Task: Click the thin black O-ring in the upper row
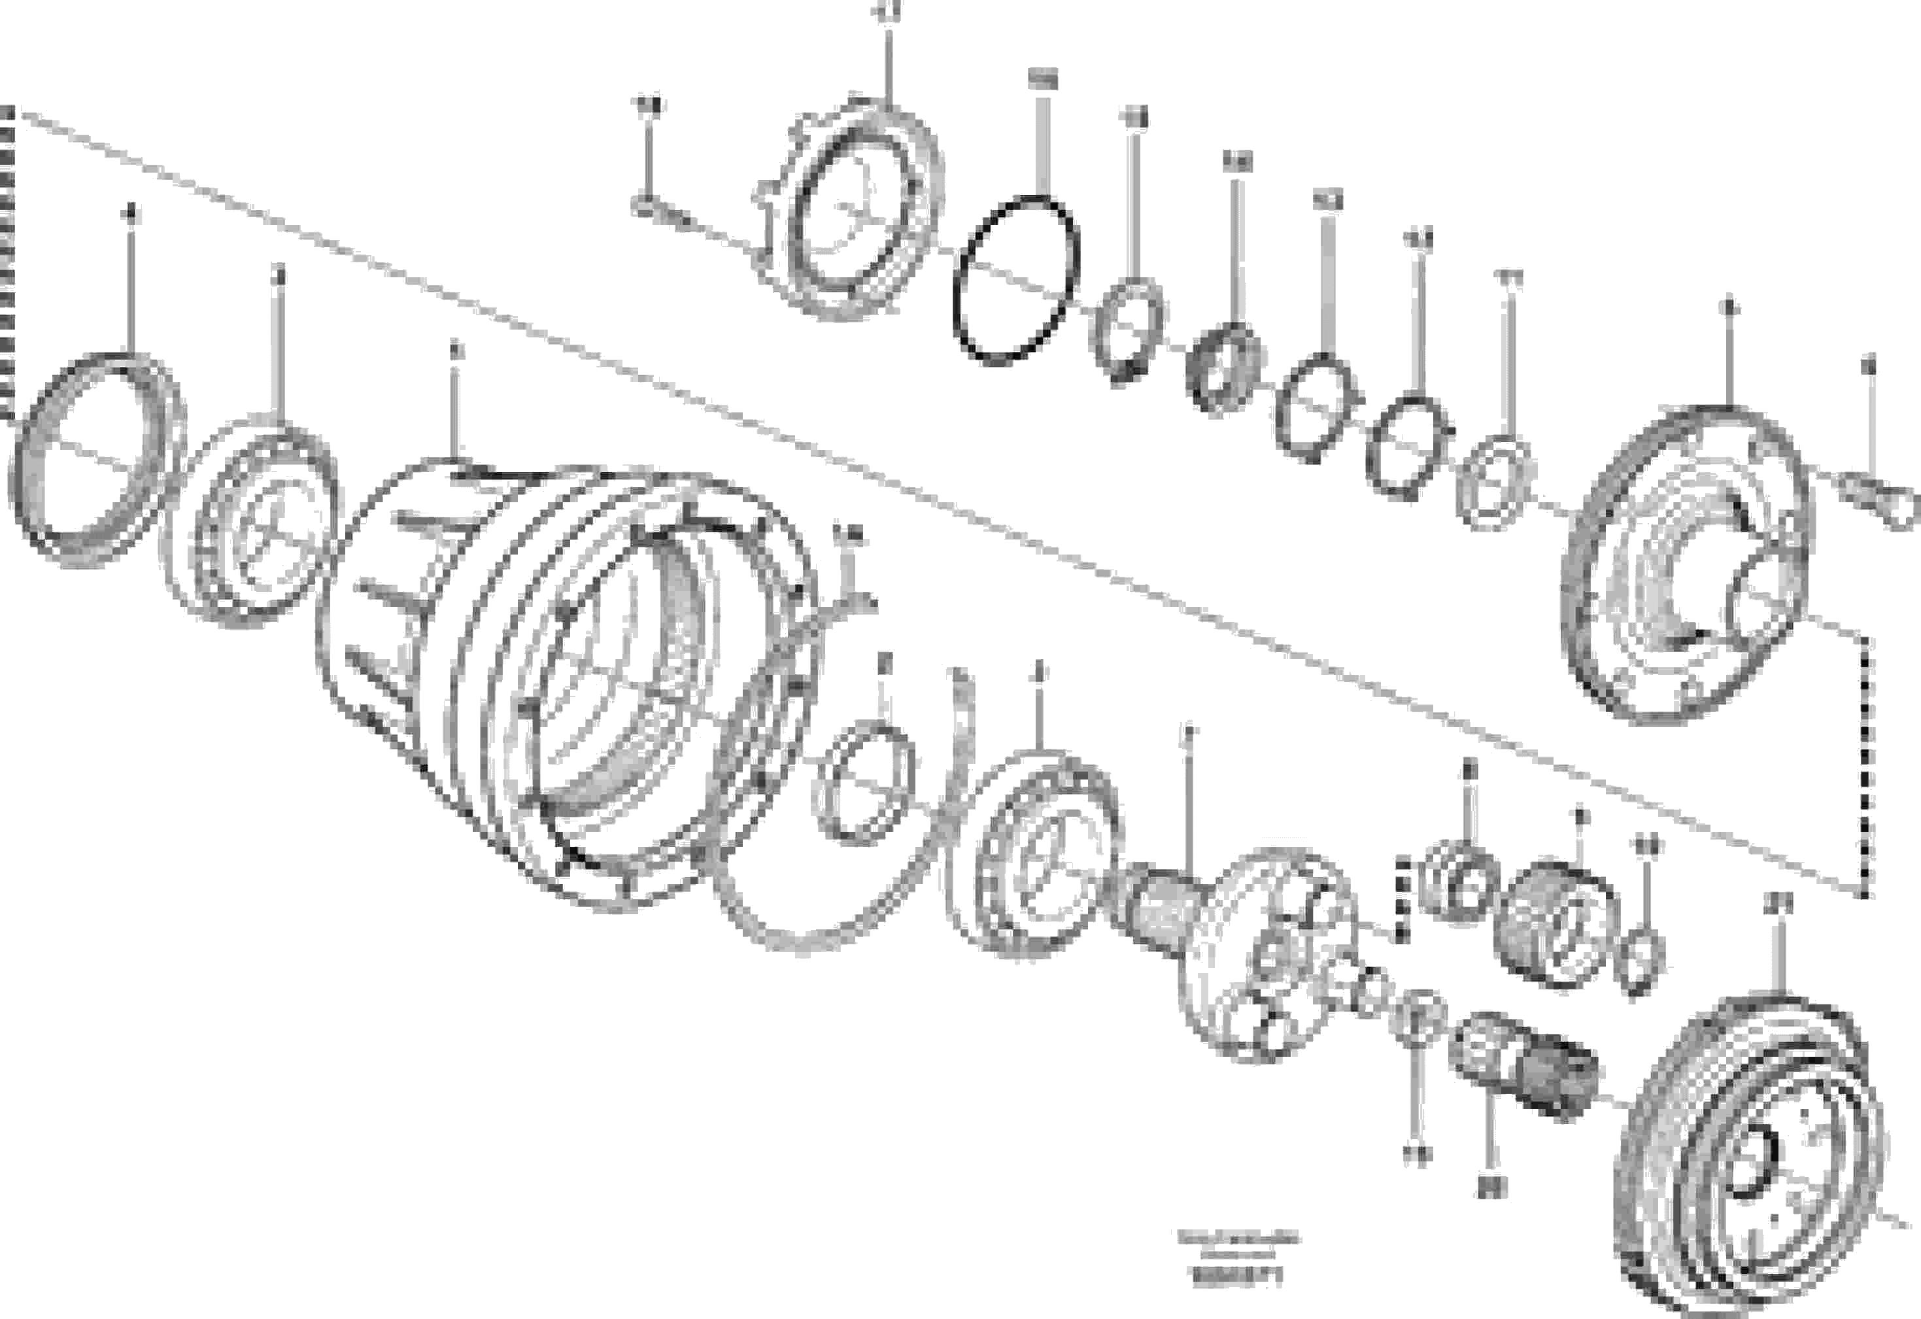pyautogui.click(x=1015, y=279)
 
